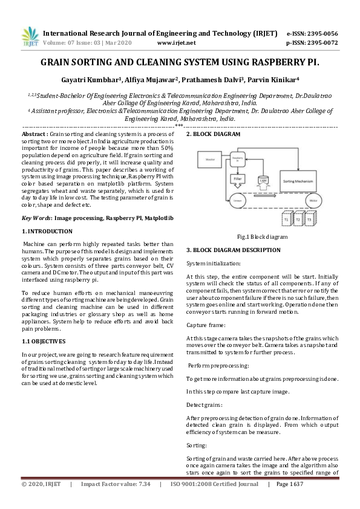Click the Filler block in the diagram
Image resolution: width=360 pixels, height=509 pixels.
coord(238,179)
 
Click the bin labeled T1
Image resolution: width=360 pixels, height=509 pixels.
coord(287,221)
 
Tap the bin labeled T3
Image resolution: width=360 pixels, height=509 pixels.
coord(310,221)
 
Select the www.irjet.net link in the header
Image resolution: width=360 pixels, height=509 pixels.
coord(176,43)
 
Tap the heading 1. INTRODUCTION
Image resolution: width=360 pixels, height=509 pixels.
coord(47,232)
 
